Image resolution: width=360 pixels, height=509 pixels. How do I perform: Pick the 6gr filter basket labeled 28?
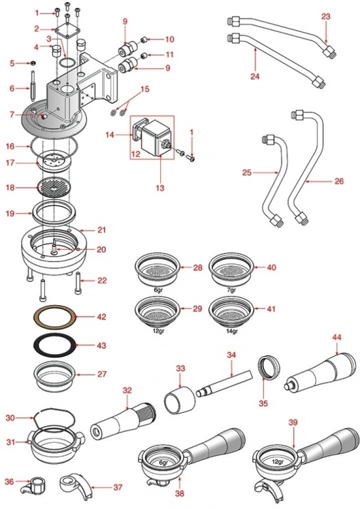point(157,268)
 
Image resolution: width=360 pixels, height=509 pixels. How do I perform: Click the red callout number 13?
point(160,188)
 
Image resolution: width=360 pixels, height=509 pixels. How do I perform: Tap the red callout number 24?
point(255,76)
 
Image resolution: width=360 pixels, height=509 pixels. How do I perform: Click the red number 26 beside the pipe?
point(339,181)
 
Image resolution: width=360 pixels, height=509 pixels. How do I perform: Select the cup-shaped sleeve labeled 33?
point(180,400)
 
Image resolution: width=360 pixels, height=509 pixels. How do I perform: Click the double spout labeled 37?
point(74,485)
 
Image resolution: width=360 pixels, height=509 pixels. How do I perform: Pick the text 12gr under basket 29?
point(157,332)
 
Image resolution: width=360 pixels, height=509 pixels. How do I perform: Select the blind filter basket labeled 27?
point(55,376)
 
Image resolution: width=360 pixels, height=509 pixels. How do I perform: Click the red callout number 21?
point(102,230)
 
